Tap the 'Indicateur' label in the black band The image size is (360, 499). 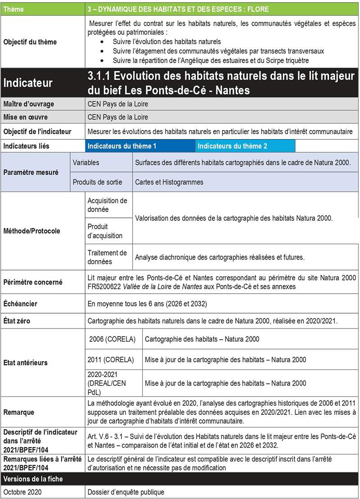(x=28, y=83)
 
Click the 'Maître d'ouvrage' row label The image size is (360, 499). (x=29, y=104)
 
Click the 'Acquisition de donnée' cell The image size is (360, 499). (x=108, y=205)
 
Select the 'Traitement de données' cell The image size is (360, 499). (x=108, y=257)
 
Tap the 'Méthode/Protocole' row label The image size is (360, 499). (x=31, y=231)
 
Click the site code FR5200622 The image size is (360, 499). (x=106, y=287)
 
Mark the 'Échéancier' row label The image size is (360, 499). (x=20, y=304)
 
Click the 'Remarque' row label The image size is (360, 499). (x=18, y=412)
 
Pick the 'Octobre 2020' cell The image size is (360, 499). (x=22, y=492)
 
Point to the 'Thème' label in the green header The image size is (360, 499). (x=14, y=9)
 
